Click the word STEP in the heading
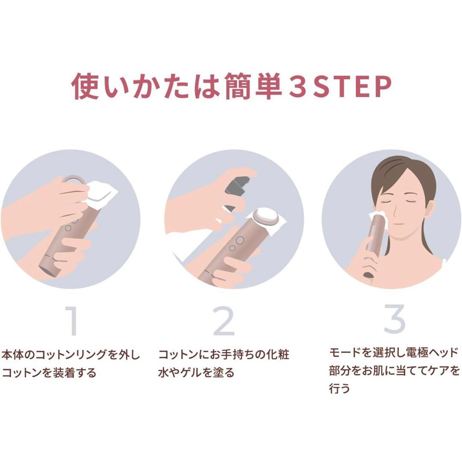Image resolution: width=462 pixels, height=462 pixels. pos(352,86)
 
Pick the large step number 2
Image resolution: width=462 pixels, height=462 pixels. pos(224,321)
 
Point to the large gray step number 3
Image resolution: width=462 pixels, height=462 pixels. pos(395,319)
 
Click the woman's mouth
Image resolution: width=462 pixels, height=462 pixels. pos(399,224)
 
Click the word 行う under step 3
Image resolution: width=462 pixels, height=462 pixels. pos(339,388)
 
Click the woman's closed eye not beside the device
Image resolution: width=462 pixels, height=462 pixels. pos(412,200)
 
